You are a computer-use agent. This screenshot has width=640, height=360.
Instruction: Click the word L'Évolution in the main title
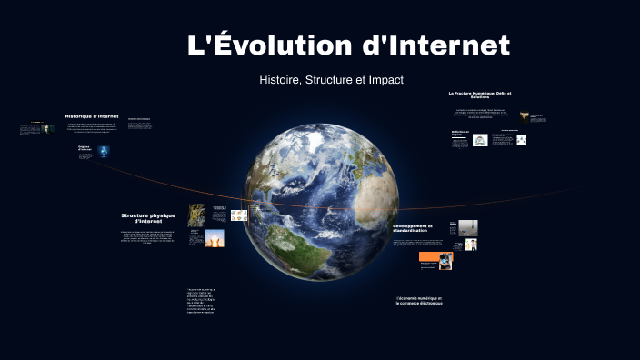pyautogui.click(x=268, y=45)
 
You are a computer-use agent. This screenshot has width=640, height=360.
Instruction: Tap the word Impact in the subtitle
pyautogui.click(x=385, y=80)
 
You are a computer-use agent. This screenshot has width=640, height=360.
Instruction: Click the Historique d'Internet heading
pyautogui.click(x=92, y=116)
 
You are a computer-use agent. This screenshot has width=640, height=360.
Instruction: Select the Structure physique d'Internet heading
pyautogui.click(x=147, y=218)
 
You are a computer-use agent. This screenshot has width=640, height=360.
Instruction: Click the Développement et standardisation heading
pyautogui.click(x=413, y=228)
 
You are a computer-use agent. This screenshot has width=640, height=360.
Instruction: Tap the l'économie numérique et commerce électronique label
pyautogui.click(x=419, y=300)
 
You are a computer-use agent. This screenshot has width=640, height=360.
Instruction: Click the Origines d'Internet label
pyautogui.click(x=85, y=148)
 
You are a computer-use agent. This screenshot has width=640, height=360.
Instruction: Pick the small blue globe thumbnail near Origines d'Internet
pyautogui.click(x=104, y=151)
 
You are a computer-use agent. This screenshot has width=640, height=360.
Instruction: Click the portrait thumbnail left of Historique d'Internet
pyautogui.click(x=47, y=129)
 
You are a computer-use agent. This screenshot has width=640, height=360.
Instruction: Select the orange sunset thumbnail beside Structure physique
pyautogui.click(x=215, y=238)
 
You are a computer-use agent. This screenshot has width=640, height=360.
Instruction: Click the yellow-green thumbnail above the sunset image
pyautogui.click(x=196, y=215)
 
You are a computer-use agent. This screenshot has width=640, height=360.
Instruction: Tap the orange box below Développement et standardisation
pyautogui.click(x=429, y=260)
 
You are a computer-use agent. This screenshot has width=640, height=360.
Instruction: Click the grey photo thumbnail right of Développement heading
pyautogui.click(x=467, y=227)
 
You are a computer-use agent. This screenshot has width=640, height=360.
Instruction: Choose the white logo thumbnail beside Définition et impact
pyautogui.click(x=480, y=140)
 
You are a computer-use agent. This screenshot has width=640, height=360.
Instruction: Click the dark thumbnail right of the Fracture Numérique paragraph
pyautogui.click(x=525, y=116)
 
